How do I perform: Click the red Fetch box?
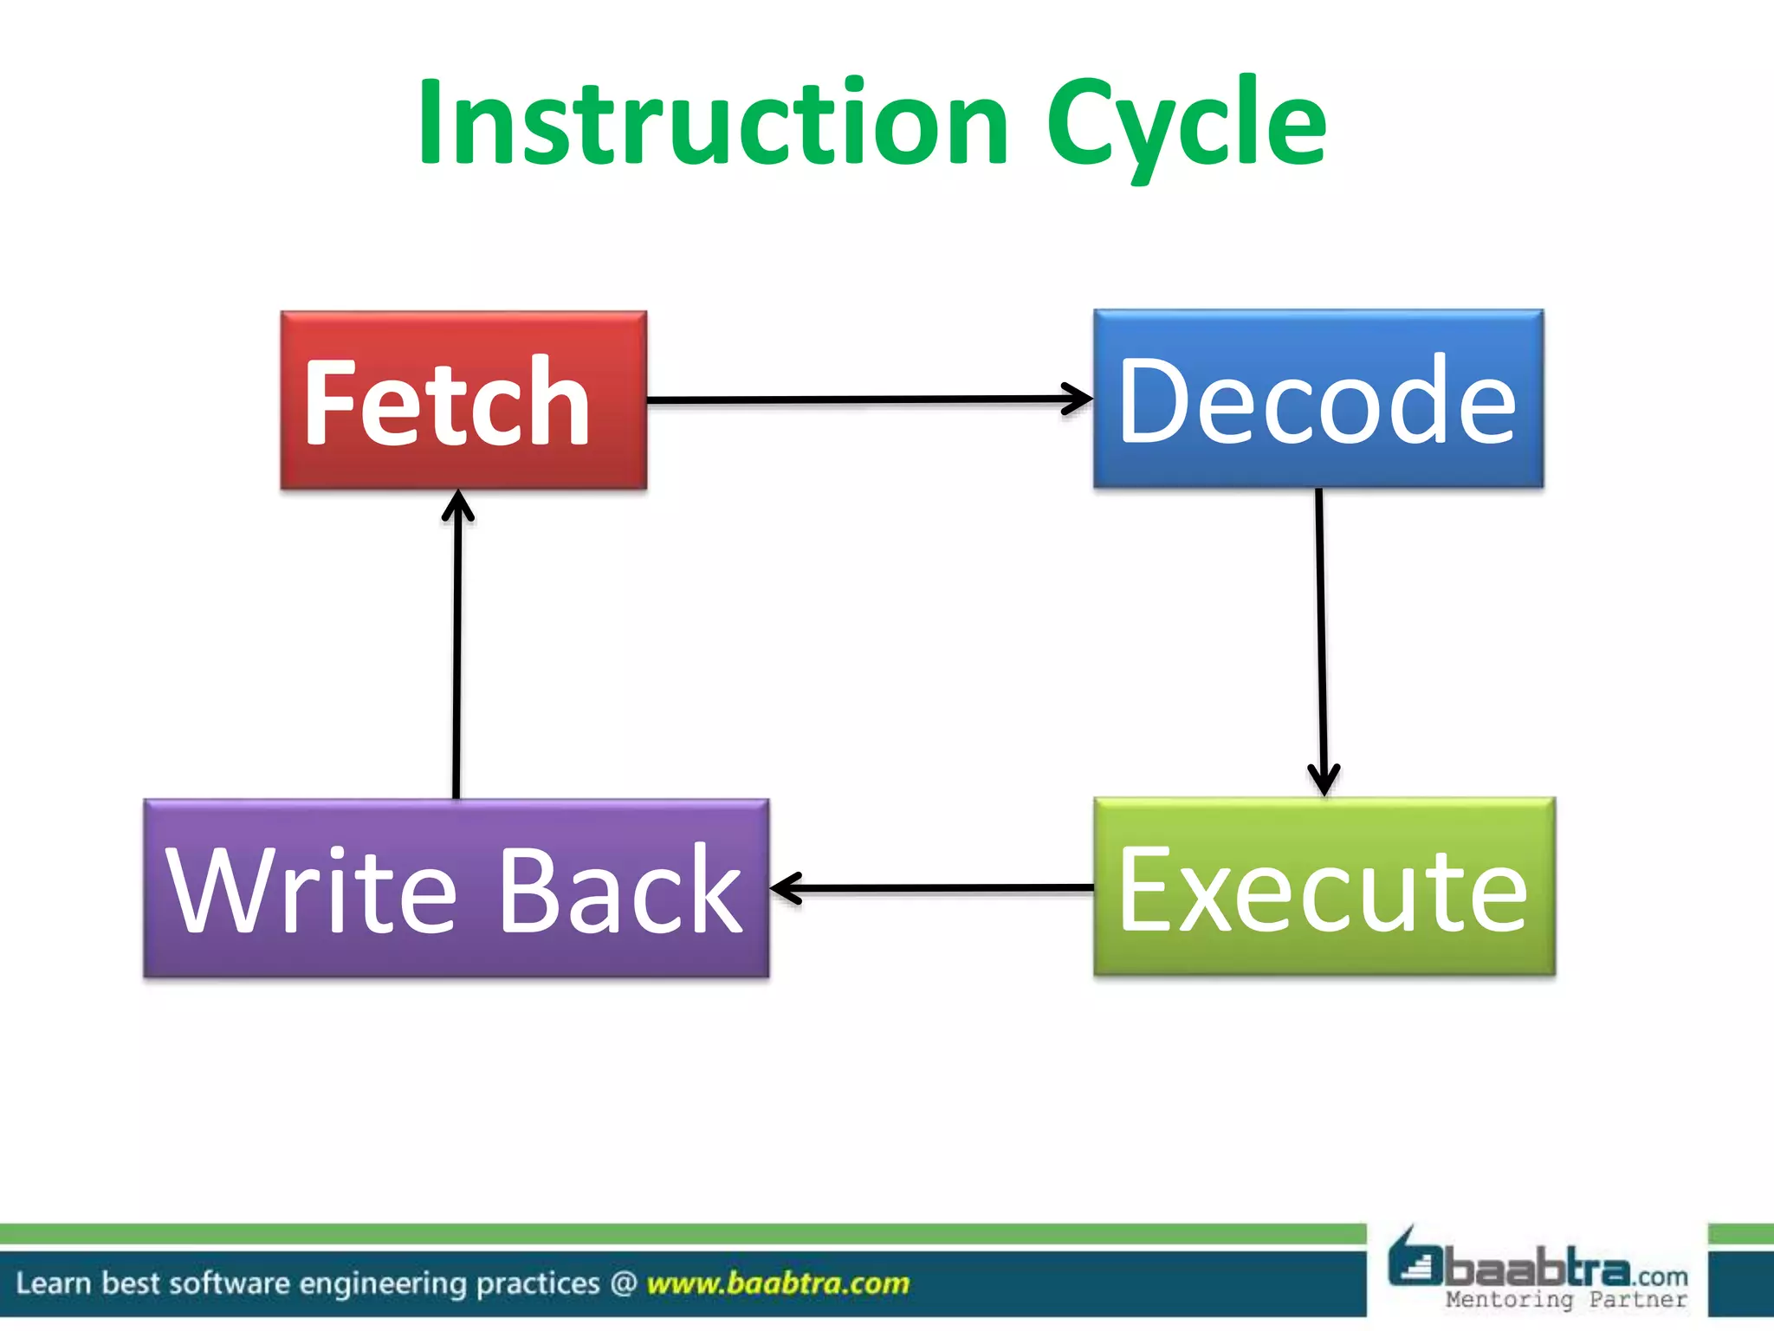click(x=463, y=401)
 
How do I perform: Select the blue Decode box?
click(x=1318, y=399)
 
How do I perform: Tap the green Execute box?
click(x=1324, y=887)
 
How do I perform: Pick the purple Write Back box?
click(x=456, y=889)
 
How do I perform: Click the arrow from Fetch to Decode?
click(x=866, y=399)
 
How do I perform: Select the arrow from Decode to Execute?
click(x=1321, y=641)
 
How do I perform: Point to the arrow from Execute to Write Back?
click(x=931, y=888)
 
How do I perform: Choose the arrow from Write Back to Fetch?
click(x=456, y=646)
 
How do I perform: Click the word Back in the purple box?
click(x=620, y=891)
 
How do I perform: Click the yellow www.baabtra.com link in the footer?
click(x=778, y=1283)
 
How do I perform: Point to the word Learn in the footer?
click(x=53, y=1283)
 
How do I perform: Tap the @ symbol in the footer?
click(x=623, y=1283)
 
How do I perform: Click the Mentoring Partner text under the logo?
click(x=1566, y=1299)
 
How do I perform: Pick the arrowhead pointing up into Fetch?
click(x=457, y=505)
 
